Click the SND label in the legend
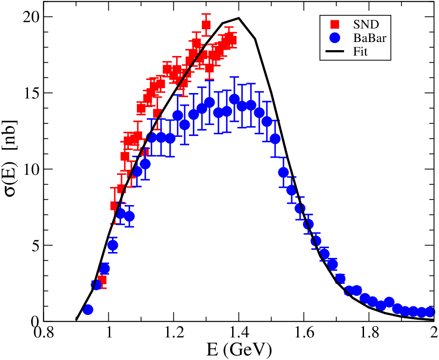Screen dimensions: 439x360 (x=366, y=25)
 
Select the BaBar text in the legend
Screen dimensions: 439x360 (x=369, y=38)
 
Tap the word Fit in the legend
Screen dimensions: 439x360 (x=360, y=51)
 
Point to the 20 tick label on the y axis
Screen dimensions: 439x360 (x=31, y=17)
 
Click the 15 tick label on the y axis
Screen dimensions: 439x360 (x=31, y=93)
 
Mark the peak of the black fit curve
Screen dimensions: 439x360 (x=239, y=18)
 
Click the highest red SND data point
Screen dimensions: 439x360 (x=206, y=25)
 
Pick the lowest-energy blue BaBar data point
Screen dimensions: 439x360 (x=88, y=310)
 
